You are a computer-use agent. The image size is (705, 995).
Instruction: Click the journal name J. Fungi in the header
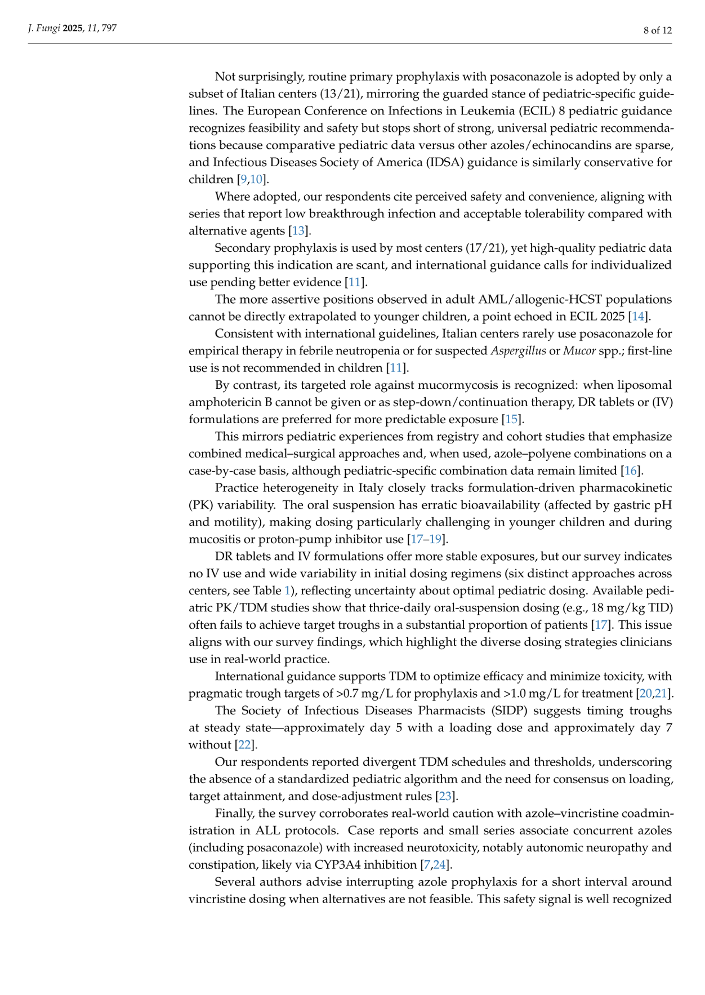click(44, 28)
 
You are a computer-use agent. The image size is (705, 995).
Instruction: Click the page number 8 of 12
click(657, 30)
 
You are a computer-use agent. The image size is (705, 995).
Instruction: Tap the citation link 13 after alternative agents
click(298, 230)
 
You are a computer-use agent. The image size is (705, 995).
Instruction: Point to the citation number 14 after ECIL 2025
click(637, 316)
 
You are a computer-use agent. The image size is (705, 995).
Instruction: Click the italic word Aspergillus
click(518, 350)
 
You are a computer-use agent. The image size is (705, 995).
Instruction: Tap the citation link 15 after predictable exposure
click(511, 419)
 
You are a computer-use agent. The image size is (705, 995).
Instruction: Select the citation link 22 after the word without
click(244, 745)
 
